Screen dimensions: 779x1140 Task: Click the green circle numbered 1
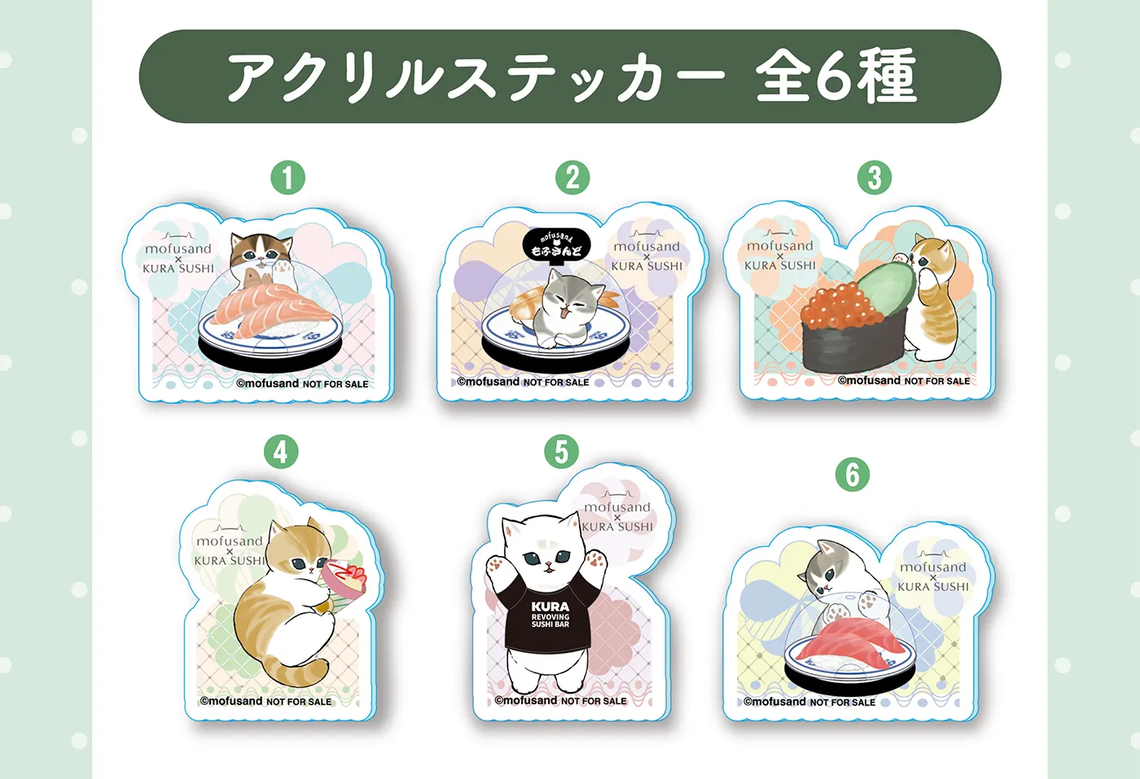coord(287,177)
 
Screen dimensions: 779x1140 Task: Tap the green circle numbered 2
coord(572,177)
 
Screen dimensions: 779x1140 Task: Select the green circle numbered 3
coord(875,177)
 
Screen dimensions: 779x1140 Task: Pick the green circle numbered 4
coord(281,452)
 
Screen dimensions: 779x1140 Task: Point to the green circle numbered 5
coord(561,452)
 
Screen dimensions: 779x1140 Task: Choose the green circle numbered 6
coord(853,475)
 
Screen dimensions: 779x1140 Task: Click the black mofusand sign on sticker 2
coord(556,246)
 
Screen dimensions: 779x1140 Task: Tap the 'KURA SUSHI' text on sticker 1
coord(178,269)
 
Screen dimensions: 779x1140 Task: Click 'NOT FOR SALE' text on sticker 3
coord(937,381)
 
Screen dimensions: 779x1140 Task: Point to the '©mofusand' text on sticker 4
coord(231,701)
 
